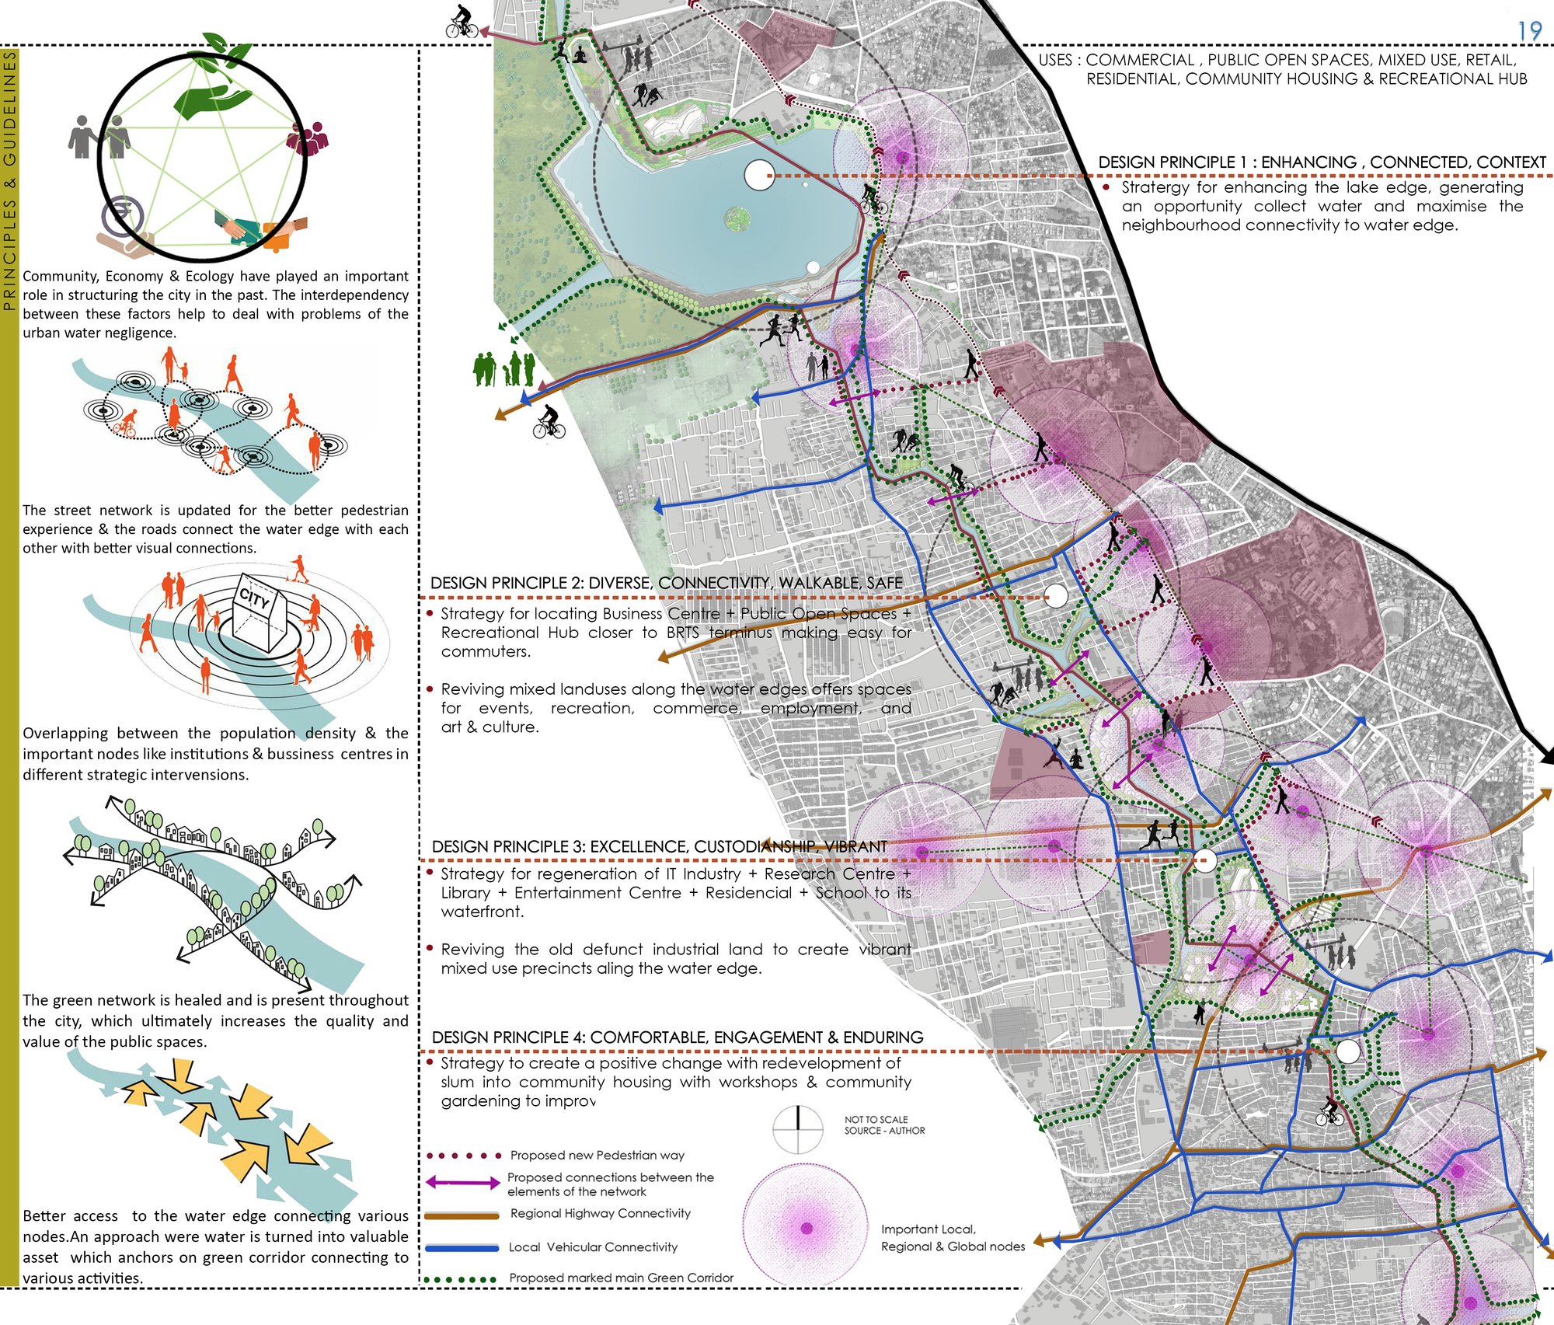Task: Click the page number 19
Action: [x=1529, y=31]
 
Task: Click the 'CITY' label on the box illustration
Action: [x=254, y=598]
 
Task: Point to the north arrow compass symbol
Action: [x=798, y=1129]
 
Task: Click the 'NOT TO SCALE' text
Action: [x=876, y=1120]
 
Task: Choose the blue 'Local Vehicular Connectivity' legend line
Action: [x=462, y=1248]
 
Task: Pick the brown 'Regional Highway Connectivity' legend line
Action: [x=462, y=1215]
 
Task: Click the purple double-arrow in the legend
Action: [x=462, y=1183]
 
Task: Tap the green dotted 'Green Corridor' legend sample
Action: [x=462, y=1279]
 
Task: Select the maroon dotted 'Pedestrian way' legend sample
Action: [x=464, y=1156]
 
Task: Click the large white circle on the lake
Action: [x=758, y=176]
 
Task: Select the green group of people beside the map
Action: [x=504, y=369]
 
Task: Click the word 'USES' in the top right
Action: [x=1054, y=60]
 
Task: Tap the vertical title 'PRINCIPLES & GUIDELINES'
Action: [x=9, y=180]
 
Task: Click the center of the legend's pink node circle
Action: [x=806, y=1229]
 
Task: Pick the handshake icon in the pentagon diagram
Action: [x=245, y=228]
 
